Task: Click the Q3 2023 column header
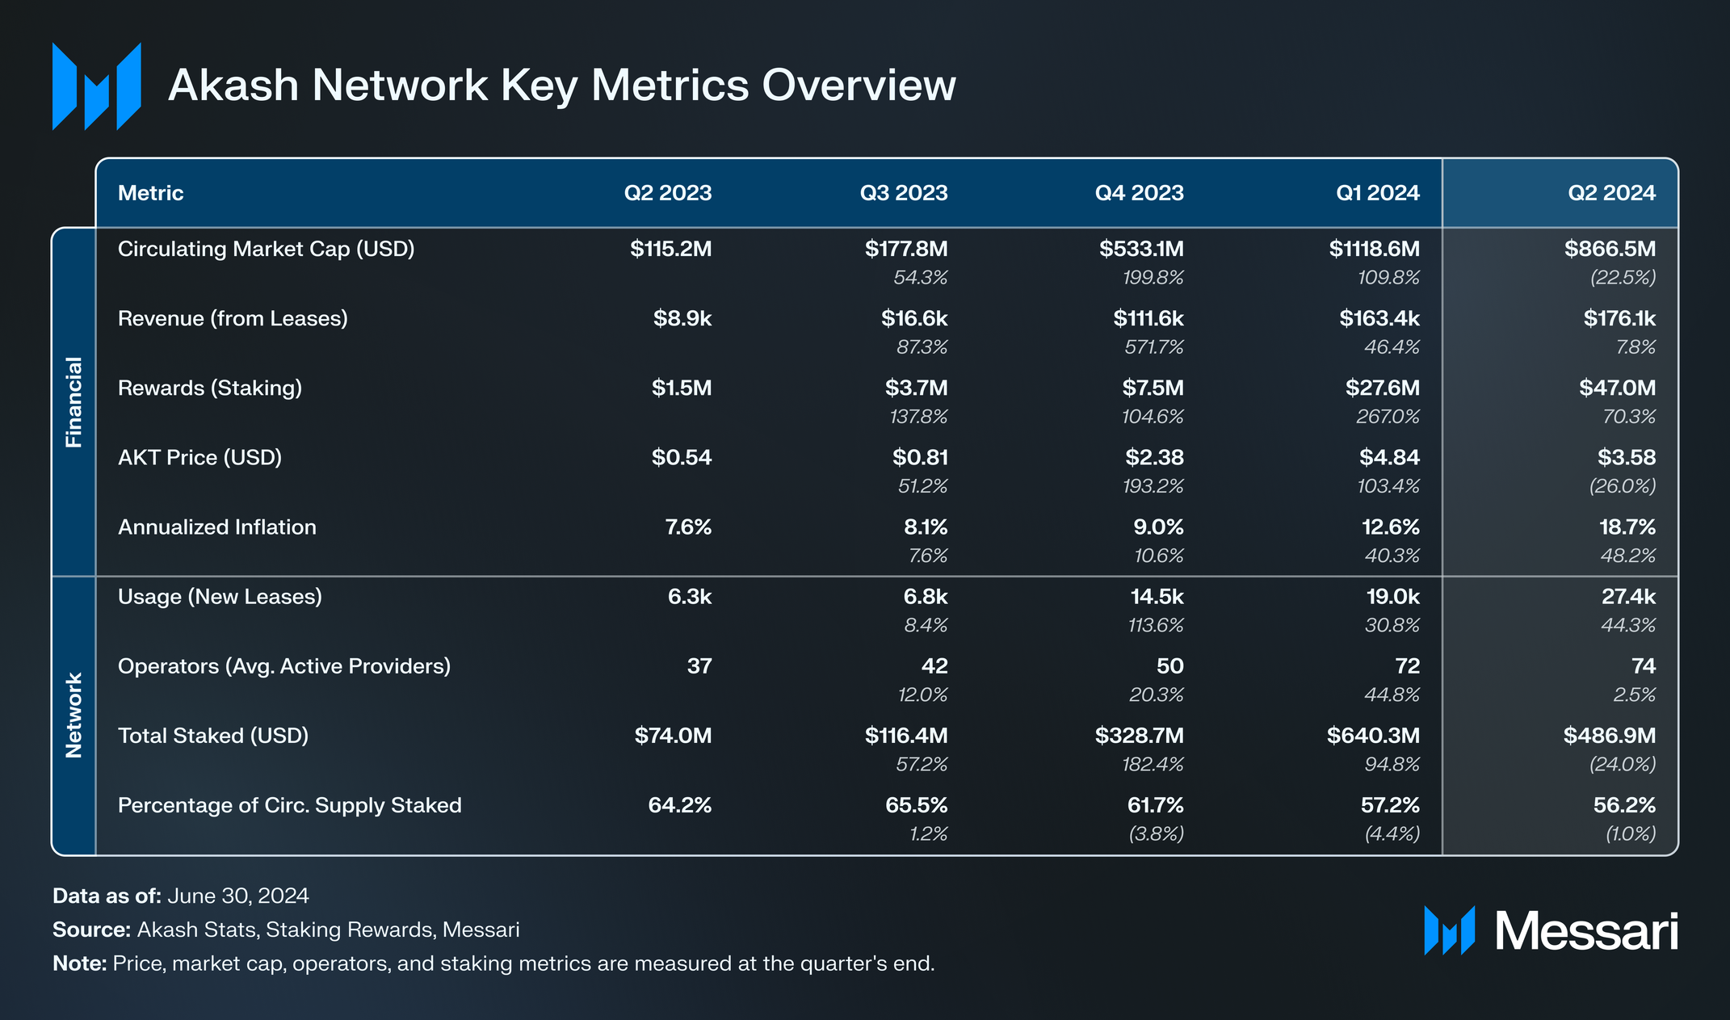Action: point(903,193)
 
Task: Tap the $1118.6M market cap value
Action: point(1374,249)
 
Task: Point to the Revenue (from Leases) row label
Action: point(233,318)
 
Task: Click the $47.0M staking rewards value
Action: point(1617,388)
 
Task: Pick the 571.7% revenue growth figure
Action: point(1153,347)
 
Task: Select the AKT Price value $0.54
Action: point(681,457)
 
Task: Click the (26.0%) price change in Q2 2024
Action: point(1622,486)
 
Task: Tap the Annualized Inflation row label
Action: point(216,527)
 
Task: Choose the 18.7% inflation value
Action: point(1627,527)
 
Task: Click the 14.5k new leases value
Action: point(1157,597)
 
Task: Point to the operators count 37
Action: point(699,666)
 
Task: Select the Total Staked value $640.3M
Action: point(1372,736)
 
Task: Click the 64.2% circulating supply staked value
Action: point(679,805)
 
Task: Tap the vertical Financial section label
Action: point(73,401)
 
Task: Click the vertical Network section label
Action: point(73,715)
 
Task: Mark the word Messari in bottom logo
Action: point(1585,931)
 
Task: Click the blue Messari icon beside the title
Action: point(96,86)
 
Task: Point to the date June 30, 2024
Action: point(237,896)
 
